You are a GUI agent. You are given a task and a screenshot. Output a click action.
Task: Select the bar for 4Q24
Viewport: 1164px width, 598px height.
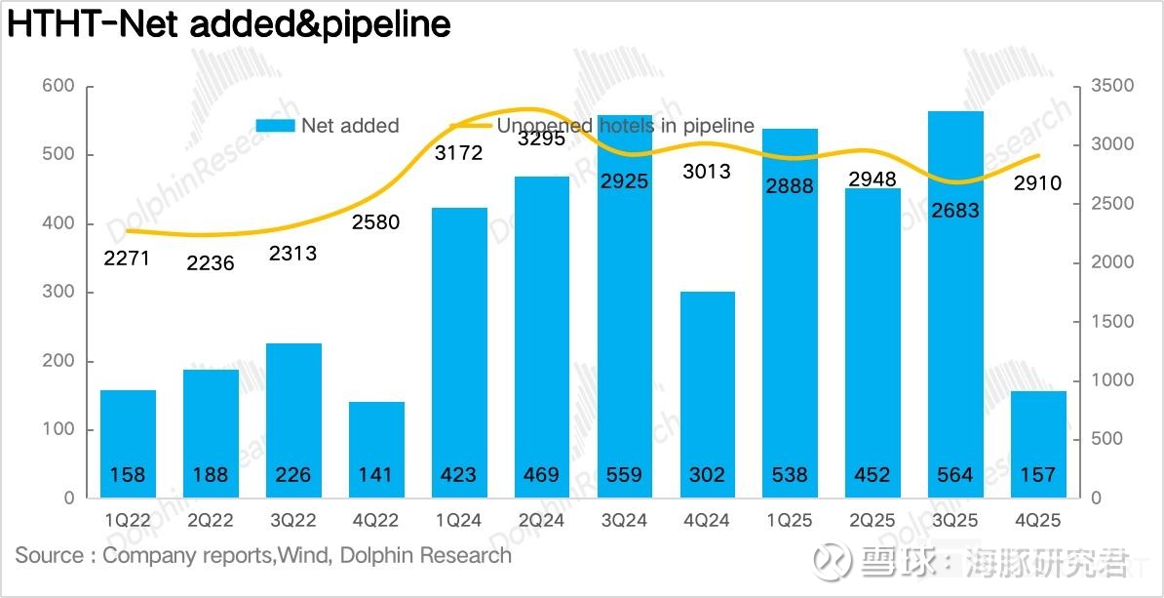707,390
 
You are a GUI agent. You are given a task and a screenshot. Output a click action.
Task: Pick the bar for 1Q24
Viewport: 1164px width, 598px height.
458,341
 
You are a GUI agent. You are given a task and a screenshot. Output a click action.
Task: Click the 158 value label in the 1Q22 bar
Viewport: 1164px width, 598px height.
128,475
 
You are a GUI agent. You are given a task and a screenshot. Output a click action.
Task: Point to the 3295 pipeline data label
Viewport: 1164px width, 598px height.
541,139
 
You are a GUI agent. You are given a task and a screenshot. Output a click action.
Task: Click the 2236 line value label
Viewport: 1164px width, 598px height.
211,262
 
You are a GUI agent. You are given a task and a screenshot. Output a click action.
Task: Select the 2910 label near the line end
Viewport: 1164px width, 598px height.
1037,182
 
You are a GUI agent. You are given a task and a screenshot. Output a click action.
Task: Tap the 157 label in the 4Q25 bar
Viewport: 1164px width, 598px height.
1037,475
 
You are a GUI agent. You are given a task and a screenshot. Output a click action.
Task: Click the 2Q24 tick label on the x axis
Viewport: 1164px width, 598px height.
541,520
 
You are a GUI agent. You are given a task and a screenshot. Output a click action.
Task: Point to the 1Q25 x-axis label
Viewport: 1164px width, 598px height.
790,520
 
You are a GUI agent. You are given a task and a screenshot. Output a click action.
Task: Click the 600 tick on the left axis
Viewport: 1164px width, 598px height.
58,86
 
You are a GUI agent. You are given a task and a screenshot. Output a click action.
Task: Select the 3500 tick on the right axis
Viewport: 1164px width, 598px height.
1111,86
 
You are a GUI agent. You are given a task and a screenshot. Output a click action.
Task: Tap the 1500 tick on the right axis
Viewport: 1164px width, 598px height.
1111,322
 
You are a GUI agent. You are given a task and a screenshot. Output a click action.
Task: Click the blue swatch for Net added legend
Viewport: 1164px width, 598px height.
275,126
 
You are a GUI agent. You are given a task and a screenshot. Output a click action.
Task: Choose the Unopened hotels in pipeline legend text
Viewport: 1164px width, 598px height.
625,126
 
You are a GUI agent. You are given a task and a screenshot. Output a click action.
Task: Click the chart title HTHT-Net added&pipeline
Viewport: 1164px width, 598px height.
229,24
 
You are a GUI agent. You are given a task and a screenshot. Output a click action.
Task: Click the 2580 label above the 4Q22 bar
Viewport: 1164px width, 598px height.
375,222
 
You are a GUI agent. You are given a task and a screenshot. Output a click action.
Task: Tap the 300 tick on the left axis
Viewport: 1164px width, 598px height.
58,293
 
